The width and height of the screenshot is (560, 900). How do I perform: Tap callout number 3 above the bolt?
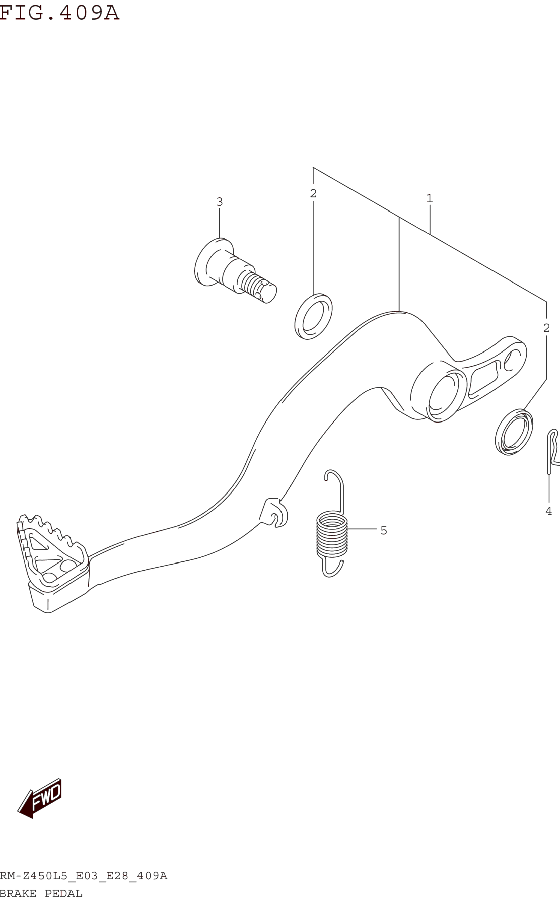[220, 202]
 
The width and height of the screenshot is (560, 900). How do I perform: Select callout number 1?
[430, 199]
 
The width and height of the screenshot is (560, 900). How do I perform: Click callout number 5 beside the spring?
[384, 531]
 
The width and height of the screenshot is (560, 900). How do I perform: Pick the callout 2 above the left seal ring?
[313, 193]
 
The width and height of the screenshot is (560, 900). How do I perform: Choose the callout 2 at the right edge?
[546, 328]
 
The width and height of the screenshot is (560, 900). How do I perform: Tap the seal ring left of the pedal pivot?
[313, 317]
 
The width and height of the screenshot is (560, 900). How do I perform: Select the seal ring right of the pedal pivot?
[514, 432]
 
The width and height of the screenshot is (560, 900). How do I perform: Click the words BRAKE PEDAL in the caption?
[41, 893]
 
